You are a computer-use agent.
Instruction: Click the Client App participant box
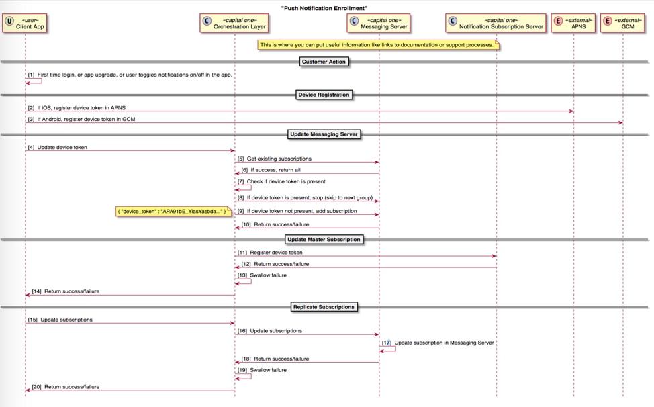pyautogui.click(x=26, y=24)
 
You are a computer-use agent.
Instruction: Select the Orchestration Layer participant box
pyautogui.click(x=234, y=24)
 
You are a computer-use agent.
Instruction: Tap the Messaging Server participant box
pyautogui.click(x=379, y=24)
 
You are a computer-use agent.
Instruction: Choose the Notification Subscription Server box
pyautogui.click(x=496, y=24)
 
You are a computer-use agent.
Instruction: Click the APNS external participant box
pyautogui.click(x=573, y=24)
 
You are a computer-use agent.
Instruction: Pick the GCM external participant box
pyautogui.click(x=622, y=24)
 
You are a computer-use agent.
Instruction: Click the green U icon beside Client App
pyautogui.click(x=9, y=21)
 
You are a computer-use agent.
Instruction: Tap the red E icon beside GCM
pyautogui.click(x=608, y=21)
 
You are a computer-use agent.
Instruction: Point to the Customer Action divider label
pyautogui.click(x=324, y=62)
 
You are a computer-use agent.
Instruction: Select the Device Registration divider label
pyautogui.click(x=324, y=95)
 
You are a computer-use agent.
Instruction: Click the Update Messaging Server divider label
pyautogui.click(x=324, y=134)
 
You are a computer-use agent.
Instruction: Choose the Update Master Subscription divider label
pyautogui.click(x=324, y=239)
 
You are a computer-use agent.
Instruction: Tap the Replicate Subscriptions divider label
pyautogui.click(x=324, y=307)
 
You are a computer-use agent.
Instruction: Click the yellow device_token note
pyautogui.click(x=173, y=212)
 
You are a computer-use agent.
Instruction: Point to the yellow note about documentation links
pyautogui.click(x=379, y=45)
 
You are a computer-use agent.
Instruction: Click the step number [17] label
pyautogui.click(x=387, y=343)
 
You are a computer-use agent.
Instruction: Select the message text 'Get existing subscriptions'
pyautogui.click(x=279, y=159)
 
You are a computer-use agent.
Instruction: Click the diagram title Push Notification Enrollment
pyautogui.click(x=324, y=7)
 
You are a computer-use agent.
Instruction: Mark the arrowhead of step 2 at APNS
pyautogui.click(x=571, y=111)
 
